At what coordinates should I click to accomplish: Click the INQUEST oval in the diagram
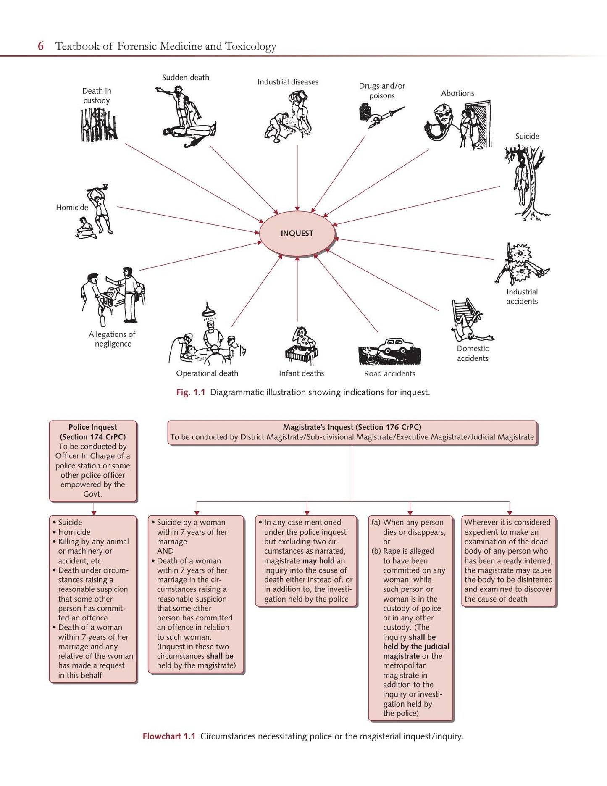click(x=297, y=233)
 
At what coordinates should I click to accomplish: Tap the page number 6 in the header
click(x=41, y=46)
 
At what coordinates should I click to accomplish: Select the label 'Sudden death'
click(x=186, y=78)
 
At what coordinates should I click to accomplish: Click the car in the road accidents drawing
click(x=395, y=346)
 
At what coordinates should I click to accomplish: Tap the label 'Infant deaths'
click(x=302, y=373)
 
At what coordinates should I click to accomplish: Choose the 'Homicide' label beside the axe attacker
click(x=72, y=207)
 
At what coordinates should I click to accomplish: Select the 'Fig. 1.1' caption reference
click(x=191, y=392)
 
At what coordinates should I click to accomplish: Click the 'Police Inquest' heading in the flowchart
click(x=93, y=427)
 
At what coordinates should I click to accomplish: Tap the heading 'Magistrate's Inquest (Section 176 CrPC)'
click(x=352, y=427)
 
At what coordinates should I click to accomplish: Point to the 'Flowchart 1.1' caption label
click(x=169, y=736)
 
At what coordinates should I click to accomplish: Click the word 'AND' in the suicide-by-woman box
click(x=165, y=551)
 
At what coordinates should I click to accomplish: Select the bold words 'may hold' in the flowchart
click(x=318, y=561)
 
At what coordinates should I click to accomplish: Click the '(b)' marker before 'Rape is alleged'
click(x=376, y=551)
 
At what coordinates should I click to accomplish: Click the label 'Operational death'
click(x=207, y=373)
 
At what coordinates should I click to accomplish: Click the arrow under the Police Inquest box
click(x=94, y=509)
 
